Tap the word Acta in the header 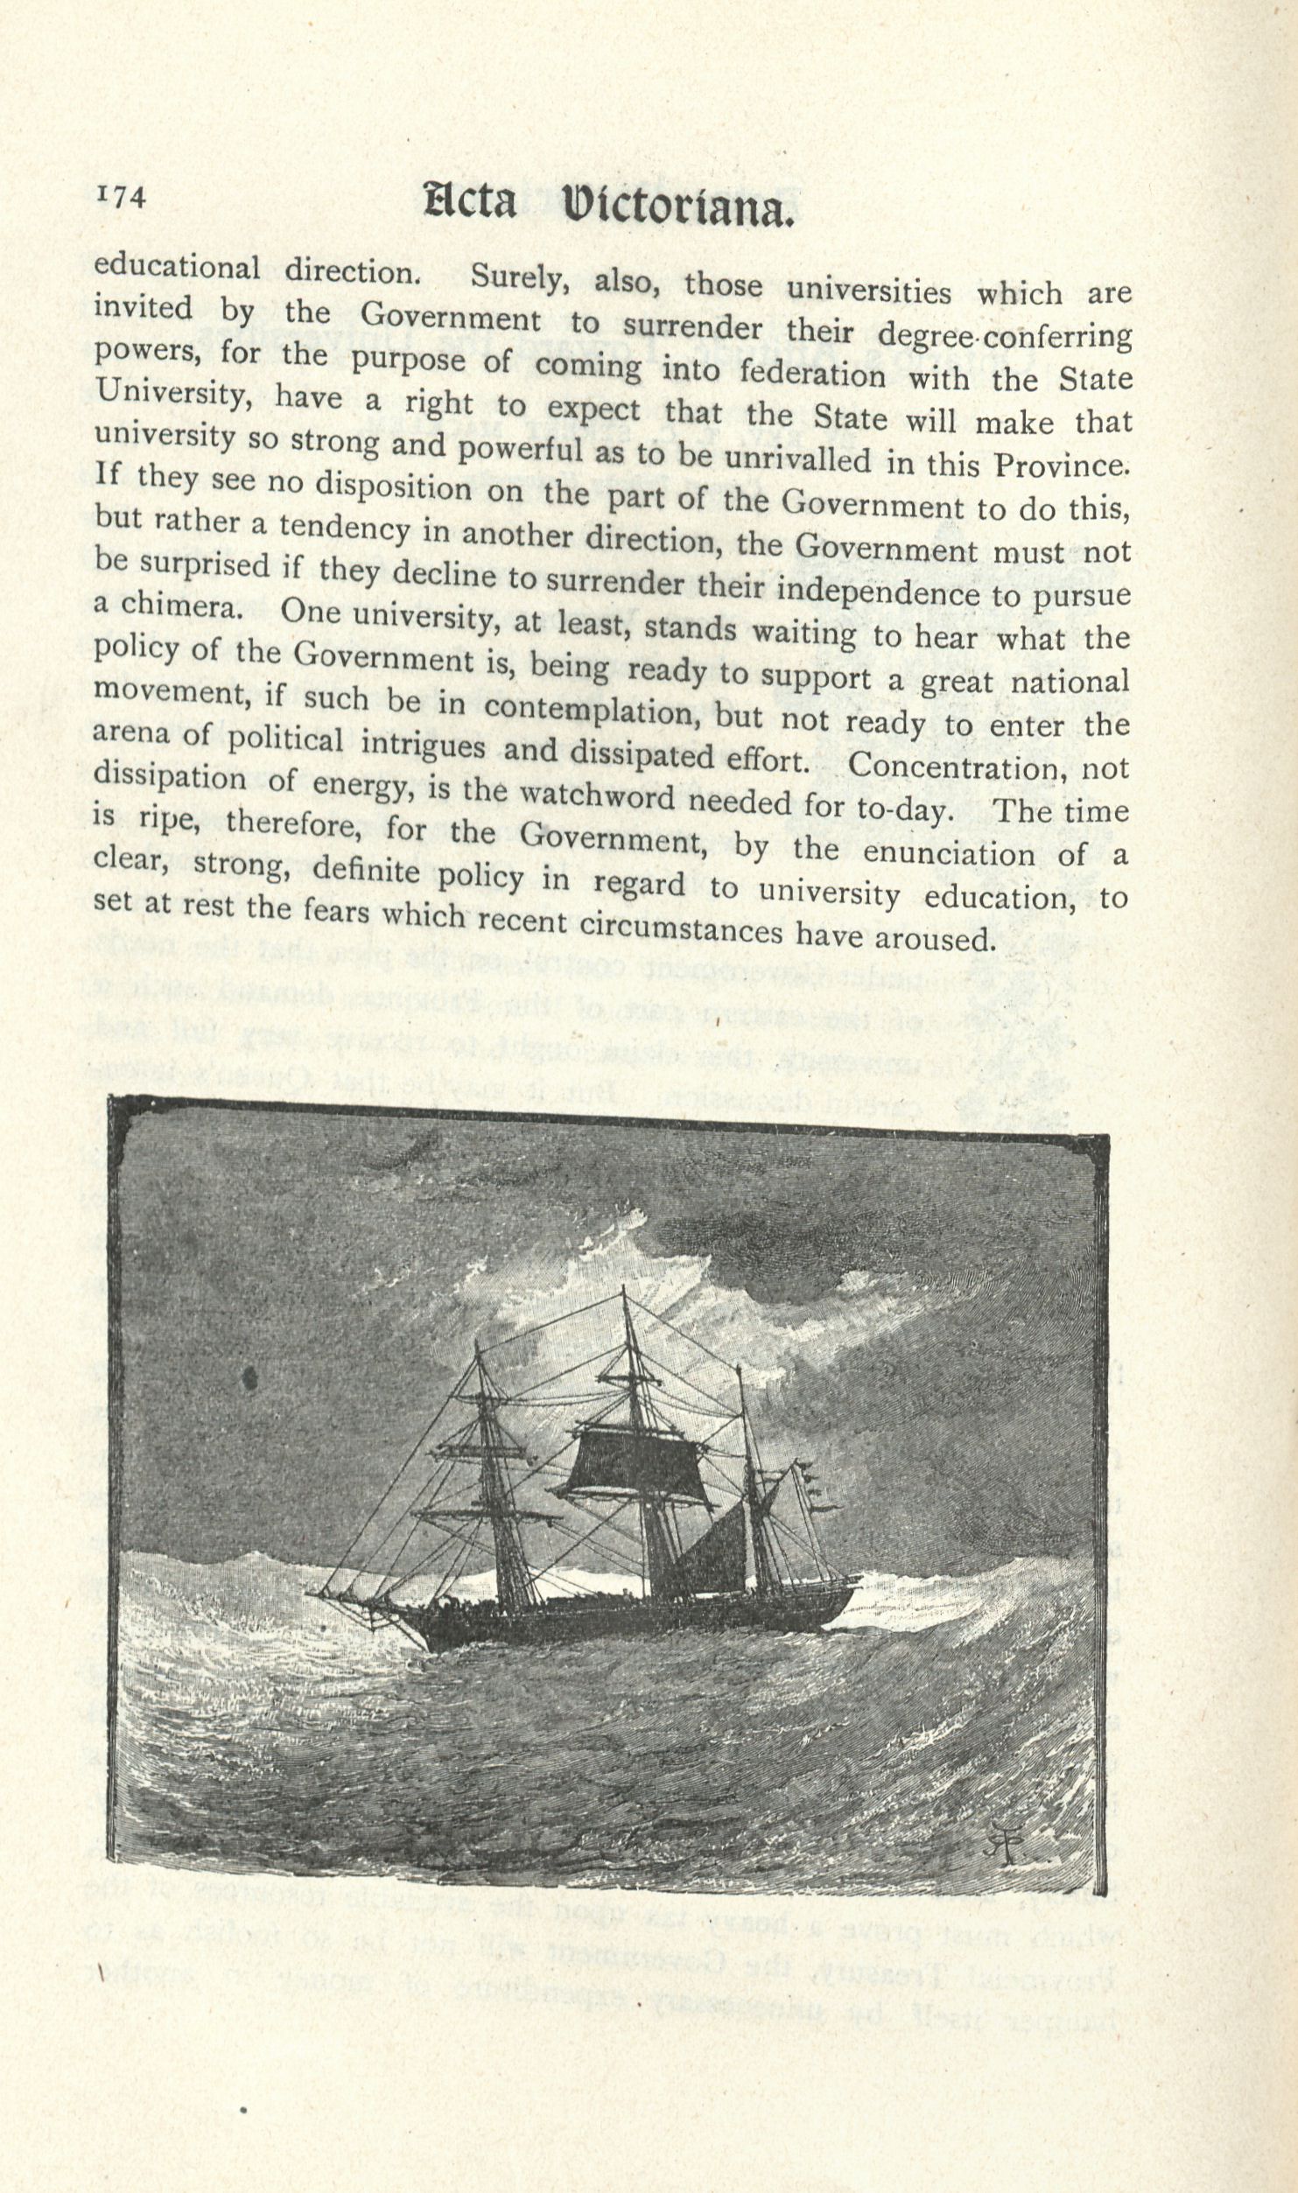(x=469, y=202)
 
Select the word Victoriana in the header (x=679, y=207)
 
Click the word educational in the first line (x=176, y=267)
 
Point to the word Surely (x=521, y=278)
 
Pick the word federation (x=813, y=374)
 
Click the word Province (x=1061, y=465)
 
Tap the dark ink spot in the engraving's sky (x=251, y=1379)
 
